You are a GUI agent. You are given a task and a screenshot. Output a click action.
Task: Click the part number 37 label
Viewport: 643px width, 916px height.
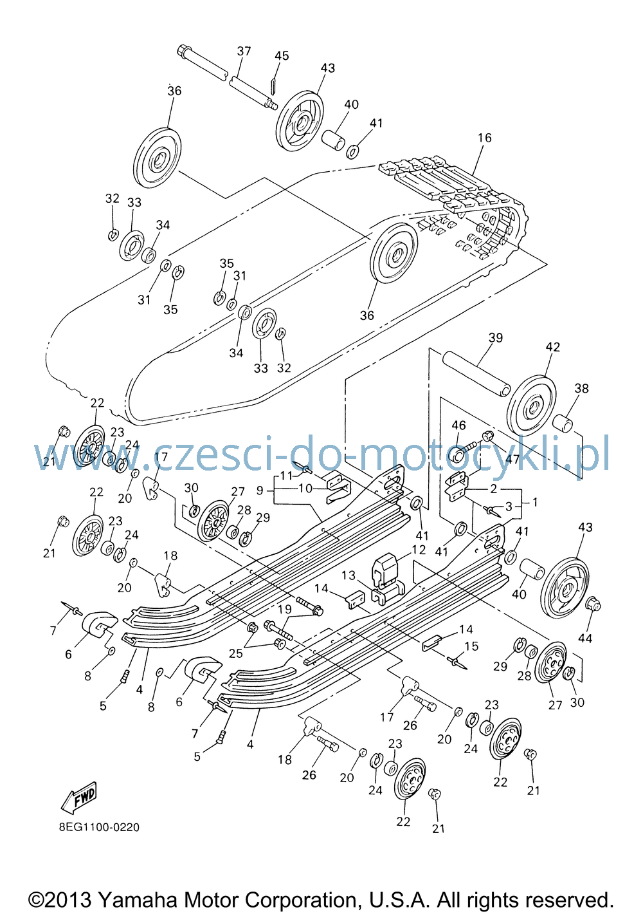pyautogui.click(x=244, y=51)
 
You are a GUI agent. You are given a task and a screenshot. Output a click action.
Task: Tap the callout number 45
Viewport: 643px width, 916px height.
pyautogui.click(x=282, y=55)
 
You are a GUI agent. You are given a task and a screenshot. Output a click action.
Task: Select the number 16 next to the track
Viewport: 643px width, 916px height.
pyautogui.click(x=484, y=138)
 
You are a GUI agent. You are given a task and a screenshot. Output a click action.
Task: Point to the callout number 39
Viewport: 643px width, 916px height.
pyautogui.click(x=496, y=338)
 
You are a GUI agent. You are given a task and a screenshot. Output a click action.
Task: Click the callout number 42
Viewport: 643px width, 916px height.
pyautogui.click(x=553, y=347)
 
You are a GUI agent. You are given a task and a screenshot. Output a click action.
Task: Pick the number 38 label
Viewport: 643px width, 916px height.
pyautogui.click(x=581, y=388)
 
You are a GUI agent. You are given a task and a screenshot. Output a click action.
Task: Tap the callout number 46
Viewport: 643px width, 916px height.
pyautogui.click(x=458, y=425)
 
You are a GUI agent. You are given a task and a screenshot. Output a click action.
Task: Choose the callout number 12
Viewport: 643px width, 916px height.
pyautogui.click(x=419, y=550)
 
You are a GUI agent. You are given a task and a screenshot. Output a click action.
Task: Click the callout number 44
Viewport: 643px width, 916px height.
pyautogui.click(x=585, y=639)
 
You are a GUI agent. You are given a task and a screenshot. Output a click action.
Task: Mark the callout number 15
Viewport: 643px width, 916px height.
pyautogui.click(x=471, y=646)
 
